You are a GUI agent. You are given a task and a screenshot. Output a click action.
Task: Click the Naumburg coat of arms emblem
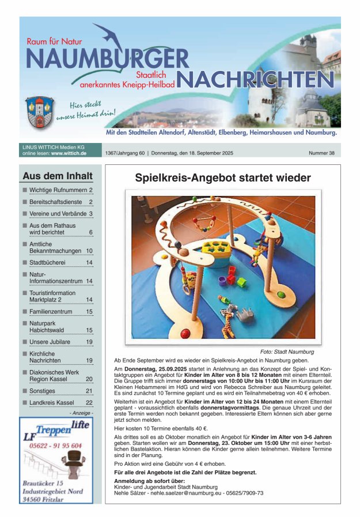tap(40, 112)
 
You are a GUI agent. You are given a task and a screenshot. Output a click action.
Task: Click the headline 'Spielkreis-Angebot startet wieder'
tap(223, 178)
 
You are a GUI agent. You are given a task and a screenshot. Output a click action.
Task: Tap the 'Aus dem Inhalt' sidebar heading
tap(57, 176)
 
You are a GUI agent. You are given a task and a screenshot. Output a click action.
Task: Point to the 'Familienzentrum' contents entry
tap(51, 311)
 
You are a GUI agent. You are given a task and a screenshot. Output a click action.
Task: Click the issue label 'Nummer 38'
tap(321, 153)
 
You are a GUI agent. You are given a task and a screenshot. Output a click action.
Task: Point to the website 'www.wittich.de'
tap(69, 154)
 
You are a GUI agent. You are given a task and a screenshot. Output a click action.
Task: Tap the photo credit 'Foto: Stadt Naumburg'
tap(287, 352)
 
